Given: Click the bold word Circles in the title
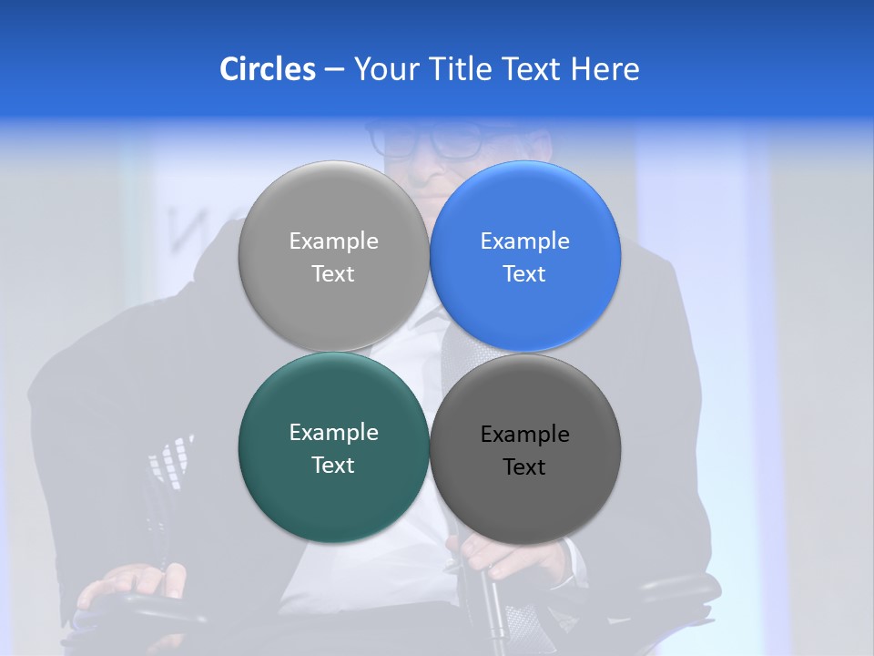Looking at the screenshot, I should pos(267,69).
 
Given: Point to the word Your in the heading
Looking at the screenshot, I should pos(385,69).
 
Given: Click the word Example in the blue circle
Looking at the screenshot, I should pos(525,241).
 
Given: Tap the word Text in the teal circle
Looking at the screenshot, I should pos(333,465).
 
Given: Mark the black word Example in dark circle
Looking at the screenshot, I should pos(525,435).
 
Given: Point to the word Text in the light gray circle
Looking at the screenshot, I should pos(333,273).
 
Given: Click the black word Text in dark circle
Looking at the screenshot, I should pos(525,467).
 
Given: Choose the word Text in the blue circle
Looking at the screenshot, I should pos(525,273).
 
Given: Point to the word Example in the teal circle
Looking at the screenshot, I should pos(333,433).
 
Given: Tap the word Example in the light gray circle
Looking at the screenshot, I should pos(333,241).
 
